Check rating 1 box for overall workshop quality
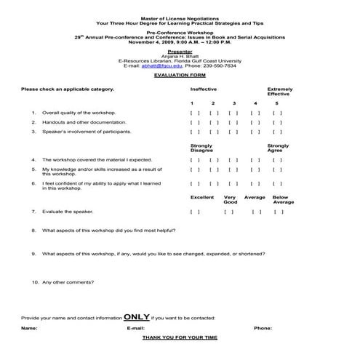pyautogui.click(x=193, y=113)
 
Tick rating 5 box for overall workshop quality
pyautogui.click(x=277, y=113)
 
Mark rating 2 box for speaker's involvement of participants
pyautogui.click(x=214, y=132)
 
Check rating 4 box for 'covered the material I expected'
pyautogui.click(x=255, y=159)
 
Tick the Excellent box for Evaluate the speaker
pyautogui.click(x=193, y=212)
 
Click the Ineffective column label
pyautogui.click(x=203, y=89)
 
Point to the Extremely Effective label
pyautogui.click(x=279, y=91)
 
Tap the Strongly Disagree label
pyautogui.click(x=202, y=148)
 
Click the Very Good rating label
pyautogui.click(x=230, y=199)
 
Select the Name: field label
pyautogui.click(x=29, y=328)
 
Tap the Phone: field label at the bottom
pyautogui.click(x=263, y=328)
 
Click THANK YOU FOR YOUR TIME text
pyautogui.click(x=179, y=338)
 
